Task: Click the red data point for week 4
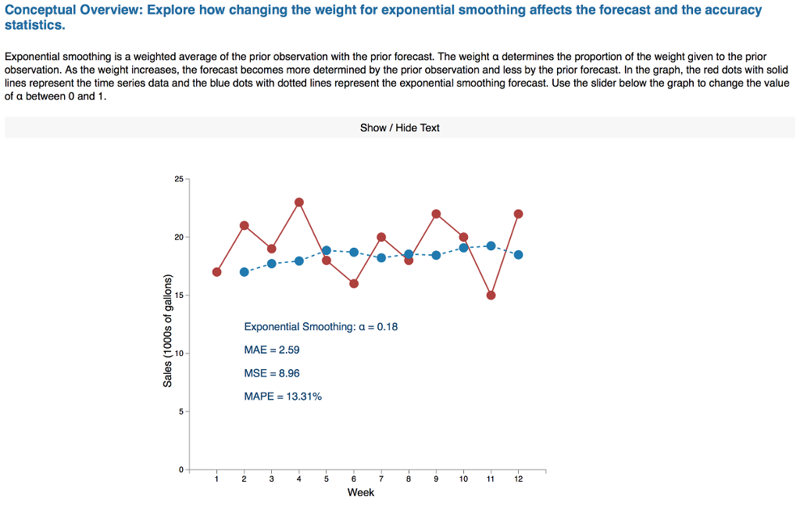(299, 203)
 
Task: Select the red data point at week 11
(491, 295)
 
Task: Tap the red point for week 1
(216, 272)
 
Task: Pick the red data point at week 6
(354, 284)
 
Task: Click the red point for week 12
(518, 214)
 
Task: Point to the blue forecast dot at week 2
(244, 272)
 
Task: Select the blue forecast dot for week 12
(518, 255)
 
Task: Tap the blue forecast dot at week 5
(327, 250)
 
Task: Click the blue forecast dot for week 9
(436, 255)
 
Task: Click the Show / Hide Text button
(399, 127)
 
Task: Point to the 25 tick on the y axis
(180, 180)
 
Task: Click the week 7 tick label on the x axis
(381, 479)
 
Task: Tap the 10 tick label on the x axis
(463, 479)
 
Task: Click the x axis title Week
(361, 493)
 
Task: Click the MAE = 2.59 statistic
(271, 350)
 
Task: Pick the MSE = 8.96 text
(271, 373)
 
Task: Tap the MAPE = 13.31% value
(283, 397)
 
